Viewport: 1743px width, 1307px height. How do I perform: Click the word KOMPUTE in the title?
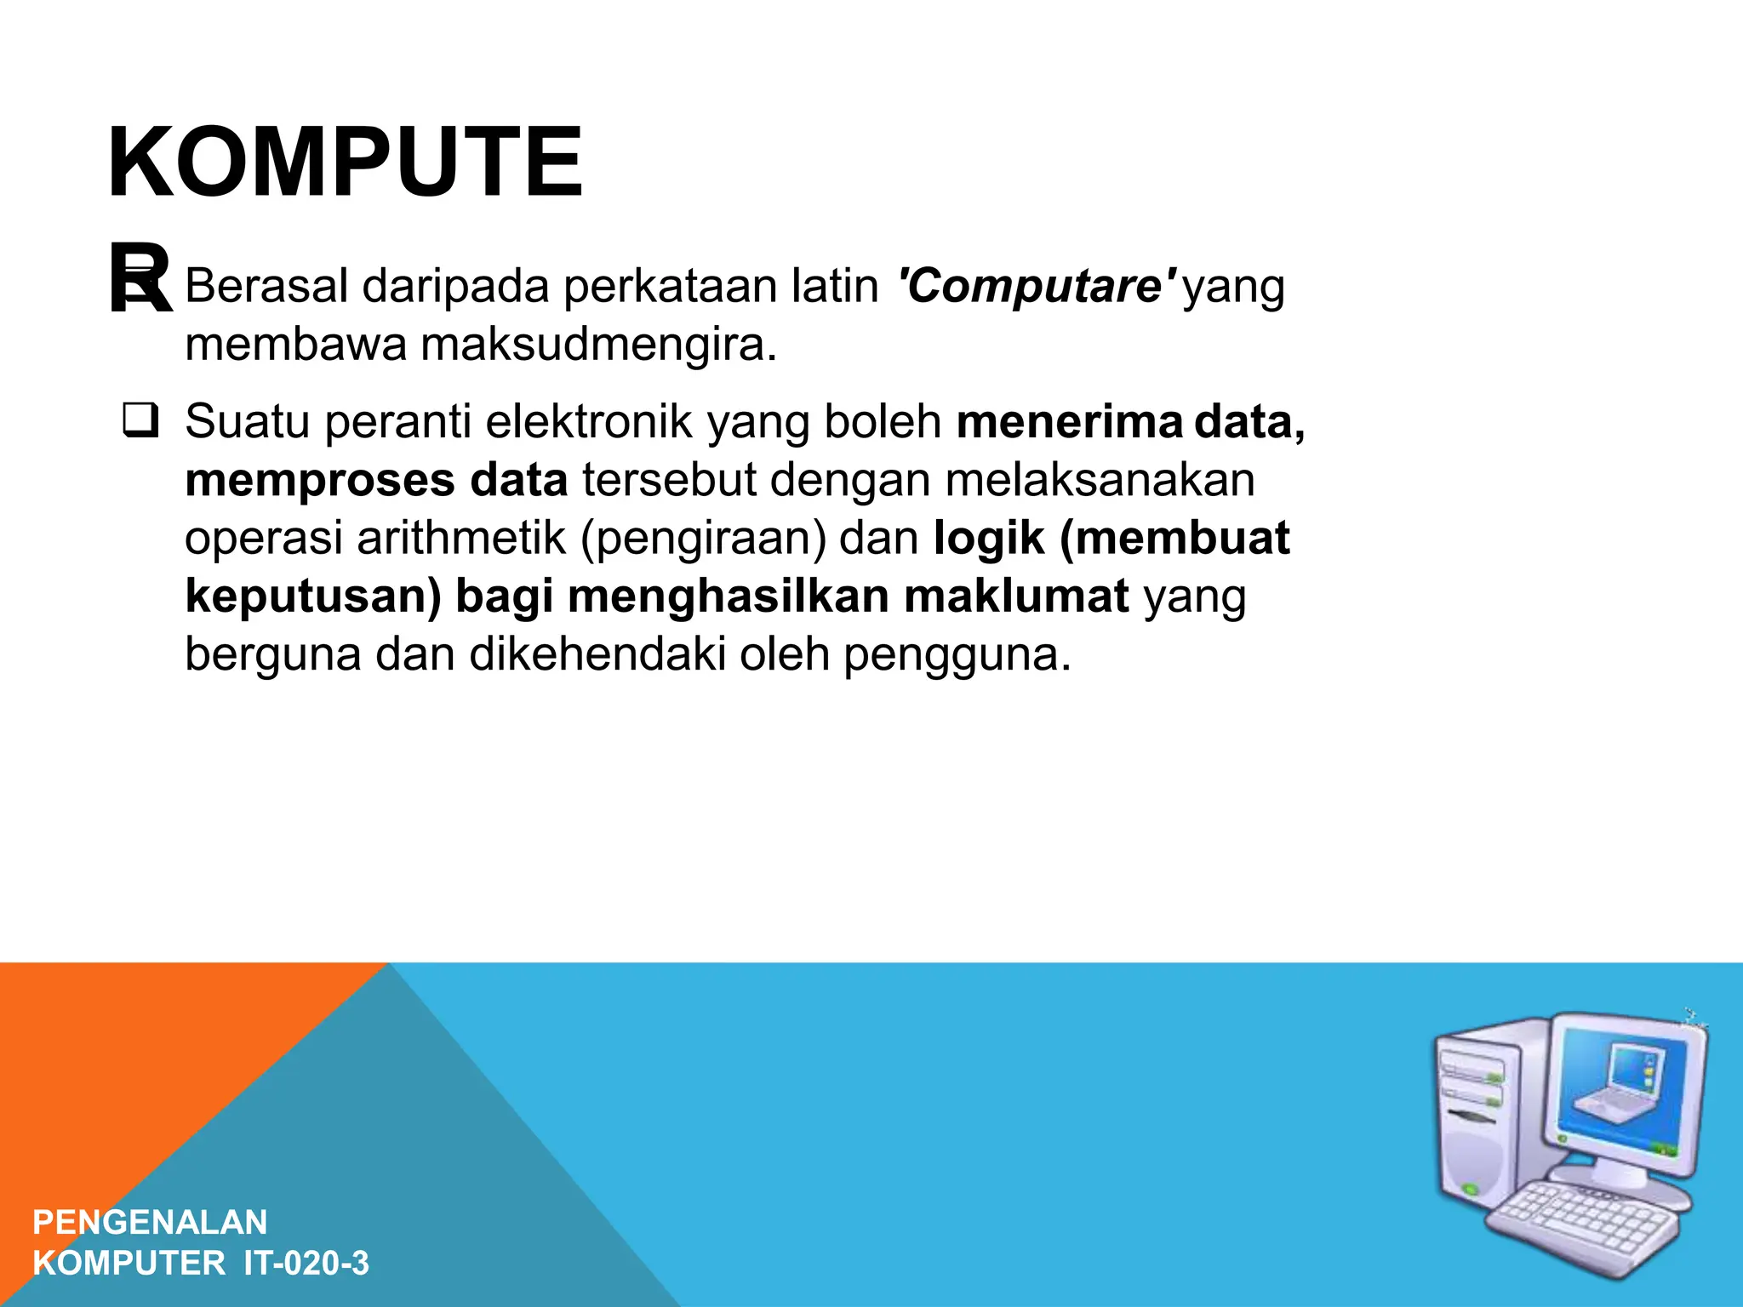point(345,162)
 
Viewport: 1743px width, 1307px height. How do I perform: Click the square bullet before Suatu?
point(140,421)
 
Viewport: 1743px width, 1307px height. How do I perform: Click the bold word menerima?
point(1070,421)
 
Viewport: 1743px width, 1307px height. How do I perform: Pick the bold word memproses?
point(320,480)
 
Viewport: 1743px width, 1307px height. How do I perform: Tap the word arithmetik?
point(460,538)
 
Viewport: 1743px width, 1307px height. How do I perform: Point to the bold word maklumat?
point(1016,596)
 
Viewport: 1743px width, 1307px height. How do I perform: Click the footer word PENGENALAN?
point(150,1222)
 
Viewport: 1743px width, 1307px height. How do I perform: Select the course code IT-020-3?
point(306,1263)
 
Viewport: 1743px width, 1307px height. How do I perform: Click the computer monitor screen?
point(1617,1089)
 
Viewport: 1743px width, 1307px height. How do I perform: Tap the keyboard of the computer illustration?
point(1583,1225)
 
